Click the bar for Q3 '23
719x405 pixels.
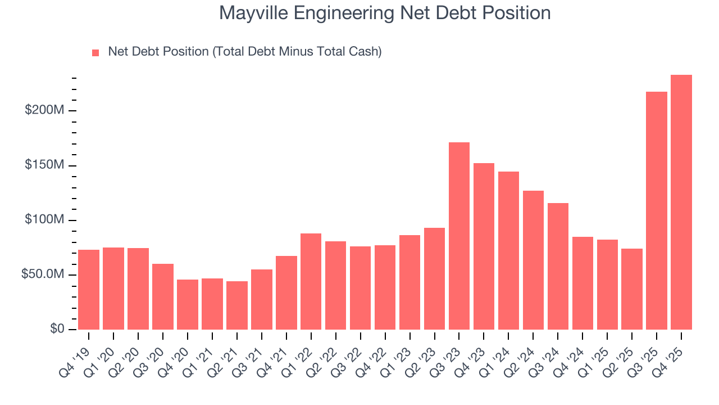[x=459, y=236]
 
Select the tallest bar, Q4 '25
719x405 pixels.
[x=681, y=202]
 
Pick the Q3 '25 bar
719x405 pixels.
[x=657, y=210]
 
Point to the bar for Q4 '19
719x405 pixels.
[x=89, y=290]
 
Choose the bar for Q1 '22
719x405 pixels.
[x=311, y=281]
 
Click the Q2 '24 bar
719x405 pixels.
[x=533, y=260]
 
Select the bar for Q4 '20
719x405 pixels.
[x=188, y=304]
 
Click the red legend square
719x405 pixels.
[x=95, y=52]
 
